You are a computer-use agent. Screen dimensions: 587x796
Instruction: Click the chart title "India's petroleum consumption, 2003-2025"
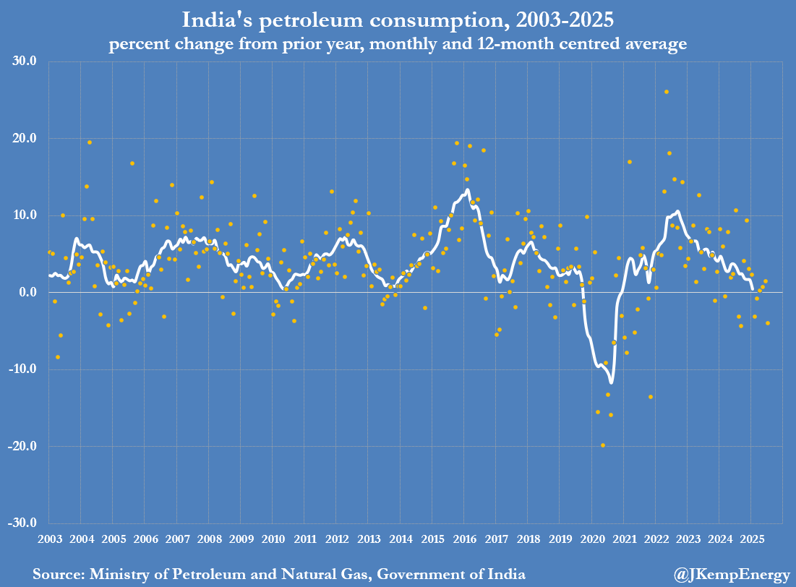[x=397, y=19]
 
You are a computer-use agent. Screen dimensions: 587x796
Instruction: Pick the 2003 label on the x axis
[x=49, y=539]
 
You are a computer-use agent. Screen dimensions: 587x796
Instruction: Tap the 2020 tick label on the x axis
[x=591, y=539]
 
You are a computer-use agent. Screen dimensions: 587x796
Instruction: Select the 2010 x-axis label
[x=273, y=539]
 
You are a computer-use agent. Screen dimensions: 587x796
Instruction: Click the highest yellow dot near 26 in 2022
[x=667, y=92]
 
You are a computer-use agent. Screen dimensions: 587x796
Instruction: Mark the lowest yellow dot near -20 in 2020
[x=603, y=445]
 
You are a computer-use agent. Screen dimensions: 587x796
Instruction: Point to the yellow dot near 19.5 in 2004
[x=90, y=142]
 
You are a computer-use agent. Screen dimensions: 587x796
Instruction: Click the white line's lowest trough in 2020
[x=611, y=382]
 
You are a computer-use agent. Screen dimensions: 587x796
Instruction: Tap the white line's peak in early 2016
[x=468, y=190]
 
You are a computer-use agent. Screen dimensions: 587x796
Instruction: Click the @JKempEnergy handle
[x=731, y=575]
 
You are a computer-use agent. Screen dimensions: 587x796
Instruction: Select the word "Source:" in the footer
[x=58, y=575]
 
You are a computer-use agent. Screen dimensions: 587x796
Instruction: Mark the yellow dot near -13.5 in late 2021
[x=651, y=397]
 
